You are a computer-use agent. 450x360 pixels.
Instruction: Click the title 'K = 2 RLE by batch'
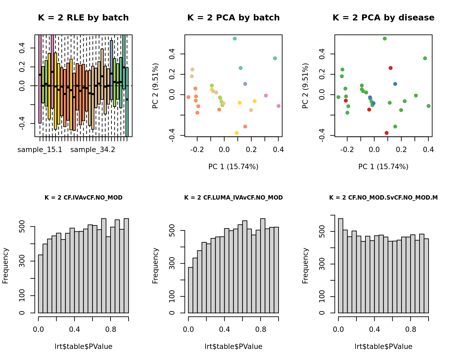tap(83, 18)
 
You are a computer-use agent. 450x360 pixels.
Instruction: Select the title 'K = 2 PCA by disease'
tap(383, 18)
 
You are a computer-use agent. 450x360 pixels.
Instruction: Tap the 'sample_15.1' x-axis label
tap(40, 150)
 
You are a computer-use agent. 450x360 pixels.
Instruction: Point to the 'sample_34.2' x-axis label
tap(93, 150)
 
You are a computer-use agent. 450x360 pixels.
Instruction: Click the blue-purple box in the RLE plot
tap(111, 70)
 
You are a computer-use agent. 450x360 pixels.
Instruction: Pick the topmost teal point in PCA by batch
tap(235, 39)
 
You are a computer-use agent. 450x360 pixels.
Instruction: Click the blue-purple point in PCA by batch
tap(245, 84)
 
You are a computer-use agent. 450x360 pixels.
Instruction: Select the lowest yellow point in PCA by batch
tap(237, 133)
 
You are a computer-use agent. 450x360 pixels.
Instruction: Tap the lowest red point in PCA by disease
tap(387, 133)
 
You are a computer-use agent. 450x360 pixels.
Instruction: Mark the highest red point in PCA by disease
tap(390, 68)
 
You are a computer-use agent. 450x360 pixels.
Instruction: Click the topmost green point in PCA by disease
tap(385, 39)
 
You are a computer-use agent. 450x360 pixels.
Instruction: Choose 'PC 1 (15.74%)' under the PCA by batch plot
tap(233, 167)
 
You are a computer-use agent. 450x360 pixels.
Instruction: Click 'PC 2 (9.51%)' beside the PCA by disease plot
tap(305, 86)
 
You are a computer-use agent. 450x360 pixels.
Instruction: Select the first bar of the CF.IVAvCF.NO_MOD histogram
tap(41, 284)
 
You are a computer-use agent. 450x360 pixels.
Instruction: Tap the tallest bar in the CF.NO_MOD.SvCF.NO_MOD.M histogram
tap(341, 266)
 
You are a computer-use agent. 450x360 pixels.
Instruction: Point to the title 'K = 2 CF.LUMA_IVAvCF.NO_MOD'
tap(233, 198)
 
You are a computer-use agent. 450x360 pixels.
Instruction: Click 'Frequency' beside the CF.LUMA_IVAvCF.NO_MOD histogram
tap(155, 266)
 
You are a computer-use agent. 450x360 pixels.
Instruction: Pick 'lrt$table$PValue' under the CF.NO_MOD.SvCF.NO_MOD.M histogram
tap(383, 347)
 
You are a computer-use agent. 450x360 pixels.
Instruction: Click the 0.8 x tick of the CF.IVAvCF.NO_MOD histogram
tap(110, 330)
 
